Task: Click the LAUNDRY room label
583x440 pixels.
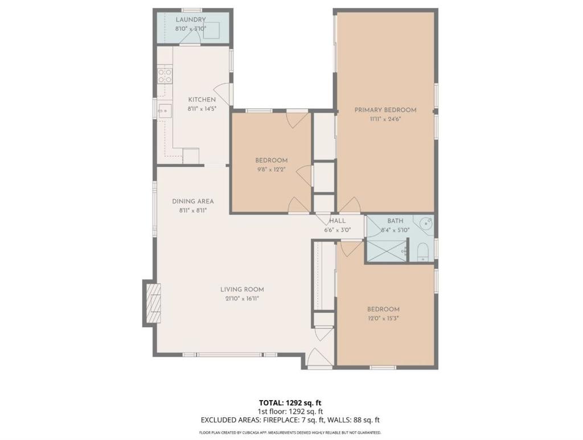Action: click(190, 20)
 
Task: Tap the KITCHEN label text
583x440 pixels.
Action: click(202, 100)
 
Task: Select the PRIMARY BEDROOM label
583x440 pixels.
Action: click(385, 110)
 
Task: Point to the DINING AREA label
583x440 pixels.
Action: click(193, 201)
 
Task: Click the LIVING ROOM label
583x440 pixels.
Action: click(242, 289)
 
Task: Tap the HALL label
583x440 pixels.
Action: click(337, 221)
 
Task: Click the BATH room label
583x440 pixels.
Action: click(395, 221)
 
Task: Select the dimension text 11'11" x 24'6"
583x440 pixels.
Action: click(385, 120)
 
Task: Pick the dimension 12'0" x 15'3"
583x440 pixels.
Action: click(383, 319)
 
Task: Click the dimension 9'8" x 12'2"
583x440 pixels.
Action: click(271, 170)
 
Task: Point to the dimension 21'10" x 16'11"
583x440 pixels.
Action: click(242, 299)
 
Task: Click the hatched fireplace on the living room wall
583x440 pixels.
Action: click(153, 303)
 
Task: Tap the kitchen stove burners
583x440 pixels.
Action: click(165, 76)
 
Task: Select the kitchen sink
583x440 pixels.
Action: click(164, 111)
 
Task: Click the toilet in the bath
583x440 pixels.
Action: click(423, 252)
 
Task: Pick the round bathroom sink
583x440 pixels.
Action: click(426, 223)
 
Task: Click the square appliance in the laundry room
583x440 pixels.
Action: click(212, 30)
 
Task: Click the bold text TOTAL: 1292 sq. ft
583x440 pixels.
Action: click(290, 402)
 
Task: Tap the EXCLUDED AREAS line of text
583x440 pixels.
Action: click(290, 420)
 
